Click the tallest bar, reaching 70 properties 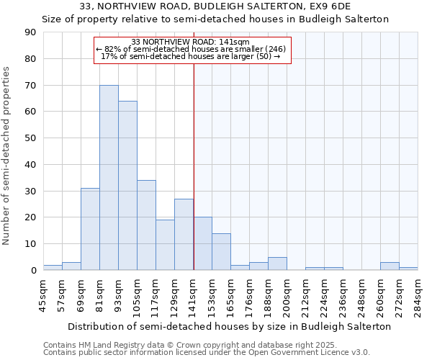click(109, 178)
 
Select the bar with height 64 click(127, 186)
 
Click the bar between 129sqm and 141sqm click(184, 235)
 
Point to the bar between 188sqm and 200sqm click(277, 264)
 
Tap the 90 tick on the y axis click(30, 32)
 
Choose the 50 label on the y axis click(30, 138)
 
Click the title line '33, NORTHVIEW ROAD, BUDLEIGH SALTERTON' click(215, 6)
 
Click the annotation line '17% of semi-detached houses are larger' click(191, 56)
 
